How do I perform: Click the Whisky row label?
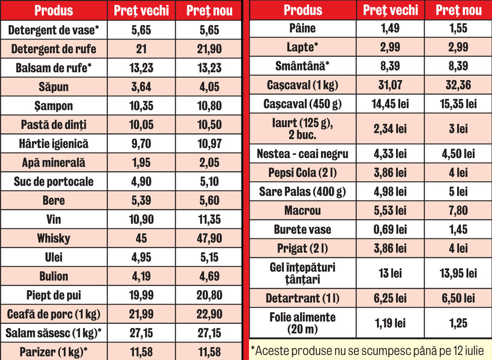(53, 238)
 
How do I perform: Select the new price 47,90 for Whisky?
(209, 238)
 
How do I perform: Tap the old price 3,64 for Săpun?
(141, 87)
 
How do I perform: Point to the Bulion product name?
(53, 276)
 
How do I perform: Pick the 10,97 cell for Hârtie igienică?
(209, 144)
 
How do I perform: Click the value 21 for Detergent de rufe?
(141, 49)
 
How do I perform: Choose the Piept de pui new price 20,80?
(209, 295)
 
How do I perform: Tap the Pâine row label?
(303, 29)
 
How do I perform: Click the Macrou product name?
(303, 211)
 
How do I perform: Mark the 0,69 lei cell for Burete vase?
(390, 229)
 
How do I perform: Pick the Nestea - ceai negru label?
(303, 154)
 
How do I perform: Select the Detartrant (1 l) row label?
(303, 298)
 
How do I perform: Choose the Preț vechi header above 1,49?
(390, 10)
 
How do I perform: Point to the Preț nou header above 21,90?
(209, 10)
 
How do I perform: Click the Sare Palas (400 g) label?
(303, 192)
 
